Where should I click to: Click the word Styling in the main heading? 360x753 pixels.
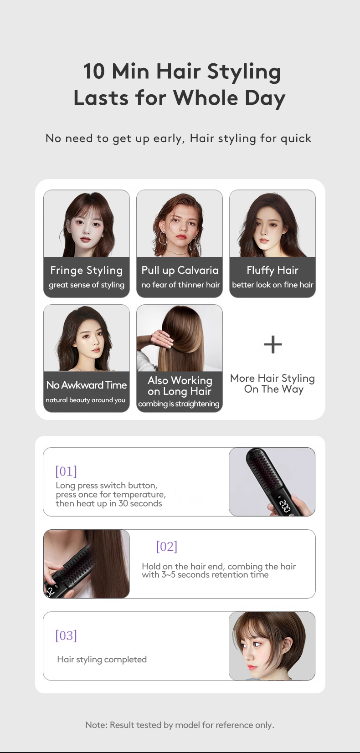pyautogui.click(x=244, y=72)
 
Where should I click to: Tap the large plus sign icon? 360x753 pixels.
pyautogui.click(x=273, y=344)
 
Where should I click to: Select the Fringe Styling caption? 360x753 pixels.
pyautogui.click(x=87, y=270)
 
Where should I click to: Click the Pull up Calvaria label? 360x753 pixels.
pyautogui.click(x=180, y=270)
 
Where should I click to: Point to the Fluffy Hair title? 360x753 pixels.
pyautogui.click(x=273, y=270)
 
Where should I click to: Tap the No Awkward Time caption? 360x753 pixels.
pyautogui.click(x=87, y=385)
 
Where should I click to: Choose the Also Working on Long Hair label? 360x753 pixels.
pyautogui.click(x=180, y=386)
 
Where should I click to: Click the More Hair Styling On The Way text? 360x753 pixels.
pyautogui.click(x=273, y=384)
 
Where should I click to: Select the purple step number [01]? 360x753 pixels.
pyautogui.click(x=66, y=471)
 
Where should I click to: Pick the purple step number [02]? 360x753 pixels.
pyautogui.click(x=167, y=547)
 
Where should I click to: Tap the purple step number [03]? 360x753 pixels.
pyautogui.click(x=66, y=635)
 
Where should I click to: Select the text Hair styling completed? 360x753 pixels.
pyautogui.click(x=102, y=660)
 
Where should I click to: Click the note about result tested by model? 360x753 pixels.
pyautogui.click(x=180, y=725)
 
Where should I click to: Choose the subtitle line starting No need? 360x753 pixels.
pyautogui.click(x=179, y=138)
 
